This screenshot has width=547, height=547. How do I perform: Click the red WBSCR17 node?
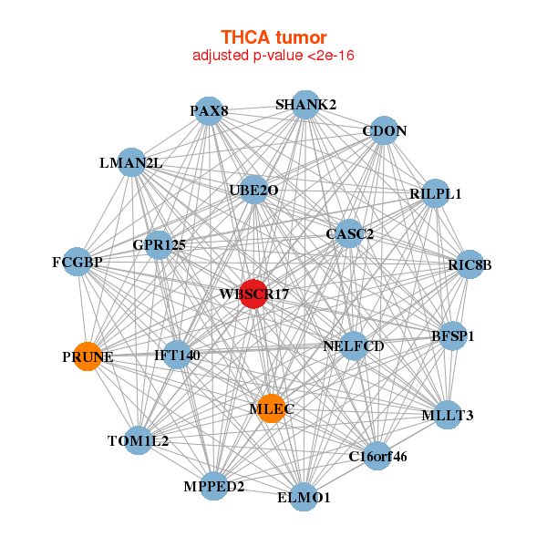coord(253,294)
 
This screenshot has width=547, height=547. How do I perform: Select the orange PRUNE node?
coord(88,356)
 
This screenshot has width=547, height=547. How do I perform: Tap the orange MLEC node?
coord(272,408)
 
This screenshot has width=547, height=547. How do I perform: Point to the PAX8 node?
coord(209,111)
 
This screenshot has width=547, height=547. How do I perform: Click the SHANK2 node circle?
coord(305,105)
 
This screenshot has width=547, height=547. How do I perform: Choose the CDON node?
coord(384,130)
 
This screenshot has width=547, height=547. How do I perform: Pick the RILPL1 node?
coord(435,193)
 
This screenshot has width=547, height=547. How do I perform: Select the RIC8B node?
coord(470,264)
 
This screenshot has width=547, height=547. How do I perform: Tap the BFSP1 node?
coord(452,335)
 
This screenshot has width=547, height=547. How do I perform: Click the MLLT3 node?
coord(448,415)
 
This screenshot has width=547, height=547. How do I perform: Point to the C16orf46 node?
coord(377,456)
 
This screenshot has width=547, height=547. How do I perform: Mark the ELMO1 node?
coord(304,497)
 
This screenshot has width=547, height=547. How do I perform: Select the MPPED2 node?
coord(213,486)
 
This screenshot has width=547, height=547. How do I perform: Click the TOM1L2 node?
coord(139,440)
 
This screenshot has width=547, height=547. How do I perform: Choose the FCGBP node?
coord(77,262)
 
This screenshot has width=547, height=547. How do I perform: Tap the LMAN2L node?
coord(131,162)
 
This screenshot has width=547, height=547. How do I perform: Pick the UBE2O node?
coord(253,191)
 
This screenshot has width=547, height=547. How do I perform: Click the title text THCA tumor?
coord(273,37)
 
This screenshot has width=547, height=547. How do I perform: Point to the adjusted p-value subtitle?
coord(273,56)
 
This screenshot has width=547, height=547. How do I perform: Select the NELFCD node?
coord(354,346)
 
